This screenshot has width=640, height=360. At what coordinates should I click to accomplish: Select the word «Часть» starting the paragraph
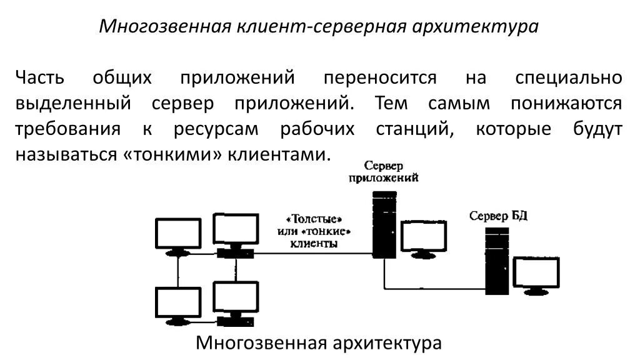(40, 78)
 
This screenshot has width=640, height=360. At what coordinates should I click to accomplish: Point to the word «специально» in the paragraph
(568, 78)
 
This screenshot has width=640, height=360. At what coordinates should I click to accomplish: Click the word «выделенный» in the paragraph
(73, 104)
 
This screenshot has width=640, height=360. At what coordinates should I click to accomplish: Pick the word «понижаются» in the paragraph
(566, 104)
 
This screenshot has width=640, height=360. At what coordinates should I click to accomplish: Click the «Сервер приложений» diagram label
(384, 171)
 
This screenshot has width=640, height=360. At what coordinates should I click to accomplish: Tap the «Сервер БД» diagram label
(499, 216)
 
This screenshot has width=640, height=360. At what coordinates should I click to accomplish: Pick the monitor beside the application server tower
(423, 238)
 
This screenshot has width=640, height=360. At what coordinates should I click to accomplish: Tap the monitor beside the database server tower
(536, 275)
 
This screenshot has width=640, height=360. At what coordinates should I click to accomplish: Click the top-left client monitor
(178, 236)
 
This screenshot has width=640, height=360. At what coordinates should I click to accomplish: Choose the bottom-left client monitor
(178, 304)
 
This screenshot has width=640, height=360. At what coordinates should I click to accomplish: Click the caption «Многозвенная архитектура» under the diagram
(319, 343)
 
